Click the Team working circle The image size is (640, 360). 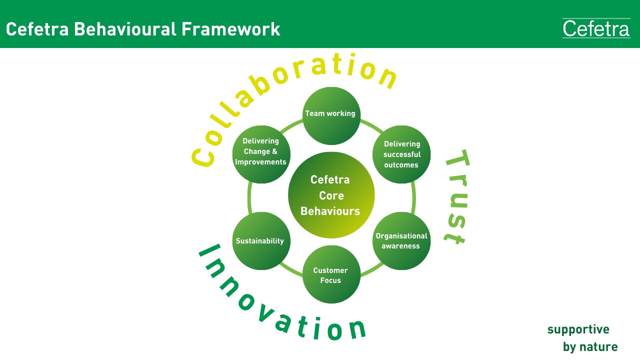click(331, 115)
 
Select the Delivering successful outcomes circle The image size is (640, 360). click(401, 154)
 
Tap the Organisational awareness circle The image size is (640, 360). click(401, 241)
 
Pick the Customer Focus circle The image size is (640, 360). click(331, 274)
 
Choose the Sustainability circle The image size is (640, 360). click(261, 241)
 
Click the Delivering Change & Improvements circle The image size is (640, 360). click(261, 154)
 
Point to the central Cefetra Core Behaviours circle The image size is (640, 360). click(331, 195)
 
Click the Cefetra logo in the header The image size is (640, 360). click(596, 28)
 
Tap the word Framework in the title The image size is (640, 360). click(230, 29)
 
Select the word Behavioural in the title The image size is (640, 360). click(125, 29)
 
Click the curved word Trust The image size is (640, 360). click(457, 197)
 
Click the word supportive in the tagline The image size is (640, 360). click(578, 330)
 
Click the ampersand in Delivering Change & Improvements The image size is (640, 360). click(274, 151)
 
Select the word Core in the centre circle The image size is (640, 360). click(331, 195)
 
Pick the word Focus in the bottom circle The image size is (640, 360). click(330, 280)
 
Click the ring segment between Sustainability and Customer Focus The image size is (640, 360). click(290, 270)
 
